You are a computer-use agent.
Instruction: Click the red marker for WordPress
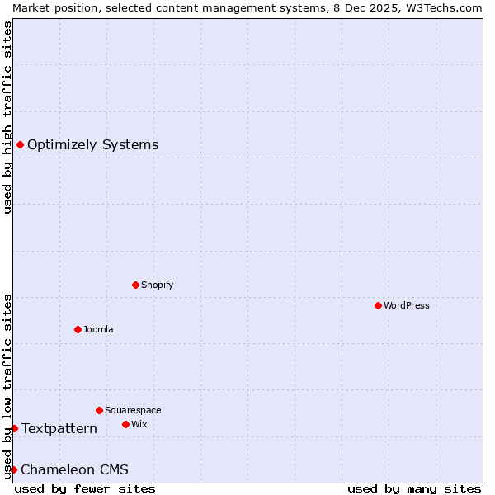pyautogui.click(x=378, y=305)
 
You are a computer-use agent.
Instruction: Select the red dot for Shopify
pyautogui.click(x=135, y=285)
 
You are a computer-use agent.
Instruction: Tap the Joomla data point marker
pyautogui.click(x=78, y=329)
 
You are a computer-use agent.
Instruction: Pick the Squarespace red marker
pyautogui.click(x=99, y=410)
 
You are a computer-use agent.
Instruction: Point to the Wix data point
pyautogui.click(x=125, y=424)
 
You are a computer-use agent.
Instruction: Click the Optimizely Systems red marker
pyautogui.click(x=20, y=145)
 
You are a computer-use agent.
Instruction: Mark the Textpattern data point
pyautogui.click(x=14, y=428)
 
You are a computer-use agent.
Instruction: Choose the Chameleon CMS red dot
pyautogui.click(x=13, y=469)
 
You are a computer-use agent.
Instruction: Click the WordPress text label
pyautogui.click(x=407, y=305)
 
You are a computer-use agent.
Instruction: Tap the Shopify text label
pyautogui.click(x=157, y=285)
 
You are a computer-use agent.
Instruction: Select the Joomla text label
pyautogui.click(x=98, y=329)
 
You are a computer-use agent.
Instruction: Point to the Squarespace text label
pyautogui.click(x=133, y=410)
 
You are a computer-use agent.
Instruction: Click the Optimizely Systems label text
pyautogui.click(x=92, y=145)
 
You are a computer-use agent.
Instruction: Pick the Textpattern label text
pyautogui.click(x=59, y=428)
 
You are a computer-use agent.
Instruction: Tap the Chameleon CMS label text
pyautogui.click(x=74, y=470)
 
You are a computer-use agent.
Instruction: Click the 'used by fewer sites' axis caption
pyautogui.click(x=85, y=488)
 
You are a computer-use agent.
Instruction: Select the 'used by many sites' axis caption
pyautogui.click(x=414, y=488)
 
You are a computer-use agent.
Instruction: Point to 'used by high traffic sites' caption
pyautogui.click(x=7, y=117)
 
